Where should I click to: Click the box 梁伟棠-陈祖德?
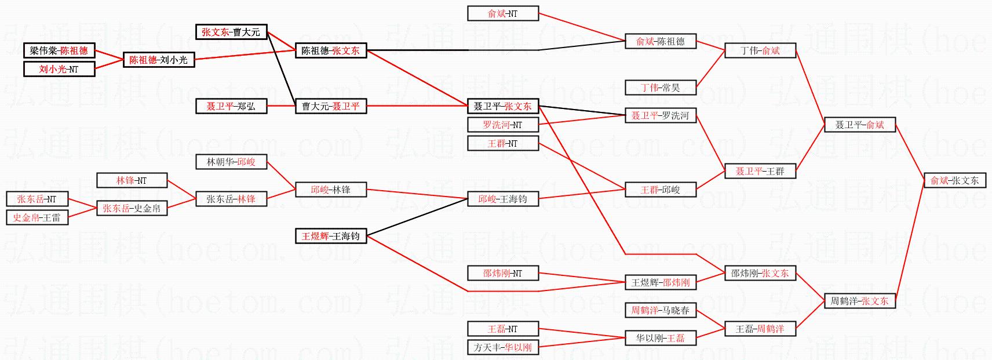click(x=59, y=50)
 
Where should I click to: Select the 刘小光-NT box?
click(x=59, y=69)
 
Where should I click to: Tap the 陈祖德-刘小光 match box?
click(x=159, y=60)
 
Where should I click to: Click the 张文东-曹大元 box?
click(x=231, y=32)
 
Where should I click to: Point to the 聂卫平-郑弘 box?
click(x=231, y=106)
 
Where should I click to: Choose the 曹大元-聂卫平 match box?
click(x=331, y=106)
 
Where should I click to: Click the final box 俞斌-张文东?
click(x=954, y=180)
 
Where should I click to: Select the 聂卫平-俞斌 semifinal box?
click(x=859, y=125)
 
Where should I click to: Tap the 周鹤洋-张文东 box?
click(x=859, y=301)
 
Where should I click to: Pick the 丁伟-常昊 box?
click(x=661, y=88)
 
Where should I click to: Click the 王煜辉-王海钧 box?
click(x=331, y=236)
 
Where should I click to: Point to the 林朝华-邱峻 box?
click(x=231, y=162)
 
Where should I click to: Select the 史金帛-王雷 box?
click(x=37, y=217)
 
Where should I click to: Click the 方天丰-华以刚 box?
click(x=503, y=347)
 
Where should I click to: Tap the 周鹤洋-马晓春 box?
click(x=661, y=310)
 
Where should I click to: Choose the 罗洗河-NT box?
click(x=503, y=125)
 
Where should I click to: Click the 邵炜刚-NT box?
click(x=503, y=273)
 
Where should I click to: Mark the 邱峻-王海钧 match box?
click(x=503, y=199)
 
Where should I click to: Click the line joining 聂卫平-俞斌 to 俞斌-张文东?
click(x=910, y=152)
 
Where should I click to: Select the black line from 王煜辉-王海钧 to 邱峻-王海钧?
click(x=417, y=217)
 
